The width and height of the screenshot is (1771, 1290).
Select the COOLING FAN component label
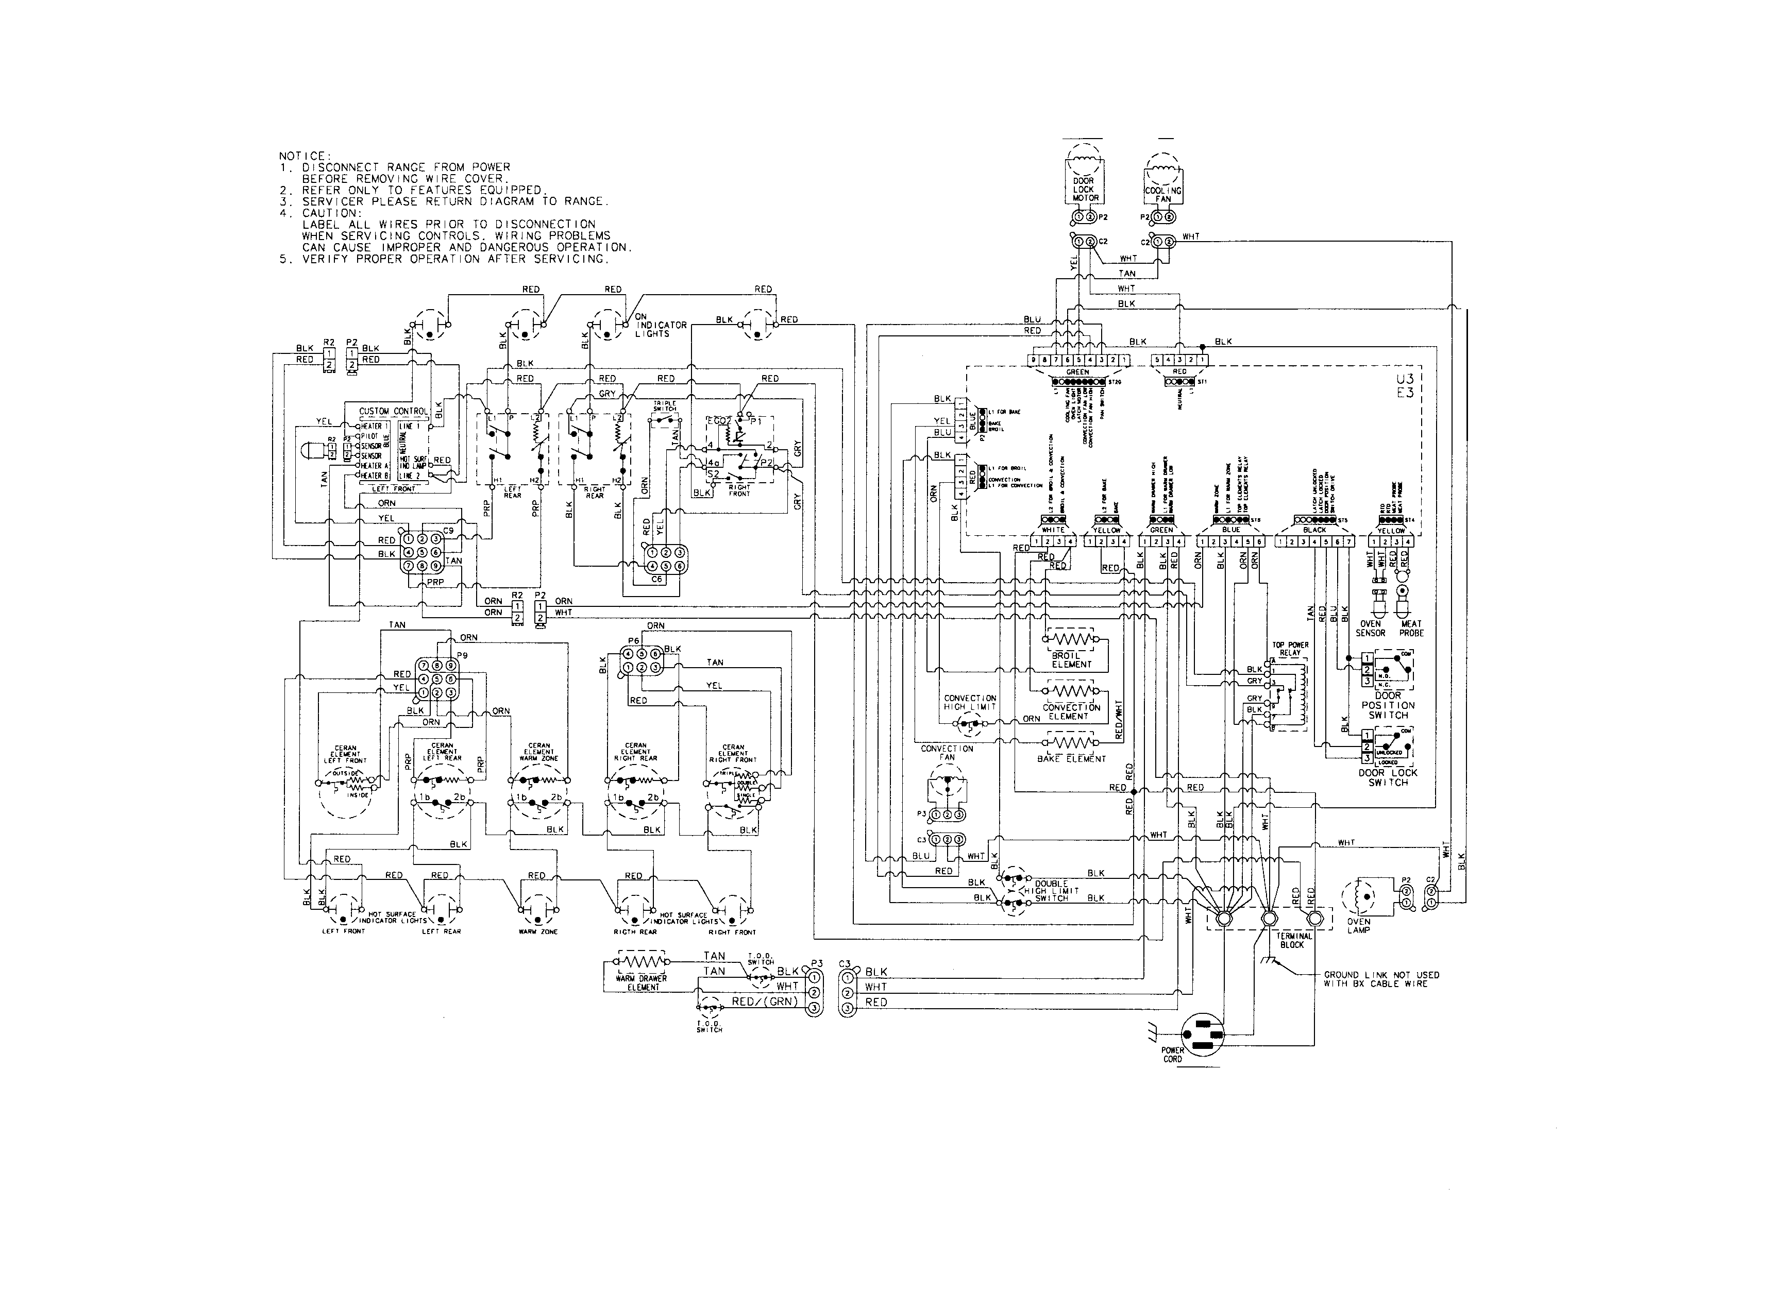1162,194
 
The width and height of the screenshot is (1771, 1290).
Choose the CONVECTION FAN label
947,753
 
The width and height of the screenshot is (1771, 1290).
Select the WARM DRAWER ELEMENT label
643,982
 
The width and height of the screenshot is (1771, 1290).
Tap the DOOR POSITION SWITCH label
1388,704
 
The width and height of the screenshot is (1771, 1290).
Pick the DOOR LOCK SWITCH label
1388,777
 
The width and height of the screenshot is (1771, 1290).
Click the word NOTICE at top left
305,156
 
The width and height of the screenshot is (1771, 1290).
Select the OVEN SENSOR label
1371,628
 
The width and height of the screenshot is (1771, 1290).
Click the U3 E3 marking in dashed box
1405,386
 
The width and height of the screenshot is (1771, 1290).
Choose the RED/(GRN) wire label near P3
763,1001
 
